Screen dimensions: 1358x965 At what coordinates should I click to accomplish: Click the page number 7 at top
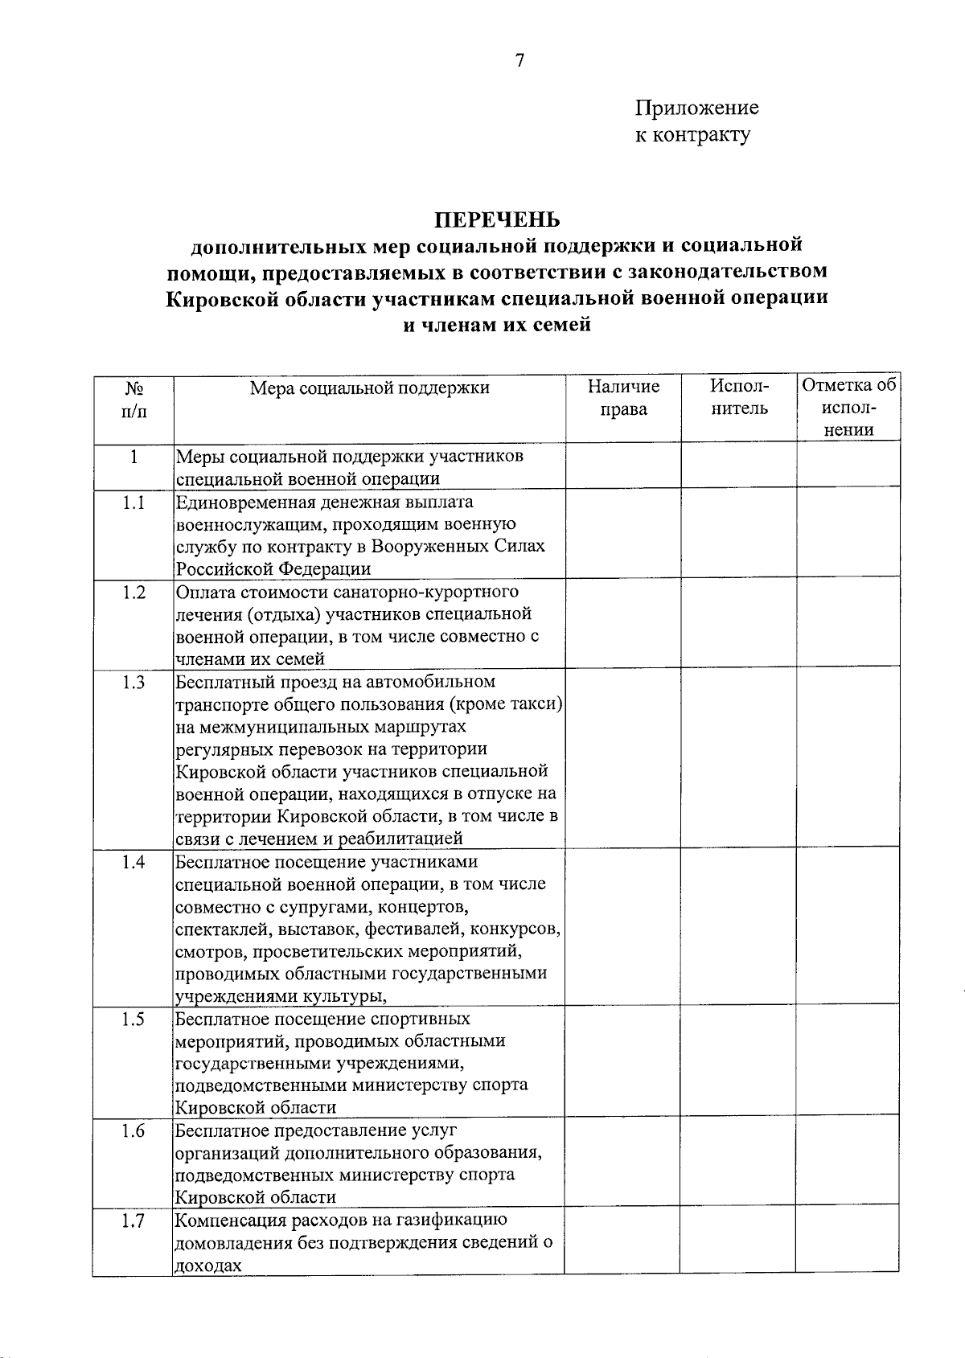pos(519,61)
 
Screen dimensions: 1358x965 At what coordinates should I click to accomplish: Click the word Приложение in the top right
pos(696,108)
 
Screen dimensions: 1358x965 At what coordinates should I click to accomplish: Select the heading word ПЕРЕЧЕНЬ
pos(497,219)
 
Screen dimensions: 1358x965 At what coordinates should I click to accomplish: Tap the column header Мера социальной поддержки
pos(369,388)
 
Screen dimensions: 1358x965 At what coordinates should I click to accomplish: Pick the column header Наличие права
pos(623,398)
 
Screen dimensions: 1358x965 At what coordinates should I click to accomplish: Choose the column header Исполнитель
pos(739,398)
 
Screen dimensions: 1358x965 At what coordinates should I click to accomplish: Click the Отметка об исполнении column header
pos(848,408)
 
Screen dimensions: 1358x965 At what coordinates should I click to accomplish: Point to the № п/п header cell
pos(133,399)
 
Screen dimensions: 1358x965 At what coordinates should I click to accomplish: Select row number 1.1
pos(133,503)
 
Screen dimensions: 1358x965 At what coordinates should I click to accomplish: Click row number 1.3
pos(133,683)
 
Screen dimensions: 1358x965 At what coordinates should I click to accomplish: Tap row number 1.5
pos(133,1020)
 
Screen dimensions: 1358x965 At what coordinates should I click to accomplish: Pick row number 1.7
pos(133,1221)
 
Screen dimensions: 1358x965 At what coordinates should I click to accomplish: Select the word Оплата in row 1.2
pos(203,593)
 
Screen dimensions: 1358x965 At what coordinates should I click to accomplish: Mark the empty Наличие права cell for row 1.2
pos(623,624)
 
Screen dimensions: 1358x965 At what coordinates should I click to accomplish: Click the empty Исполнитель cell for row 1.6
pos(739,1163)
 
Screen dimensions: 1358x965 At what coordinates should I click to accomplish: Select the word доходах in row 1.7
pos(208,1266)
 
